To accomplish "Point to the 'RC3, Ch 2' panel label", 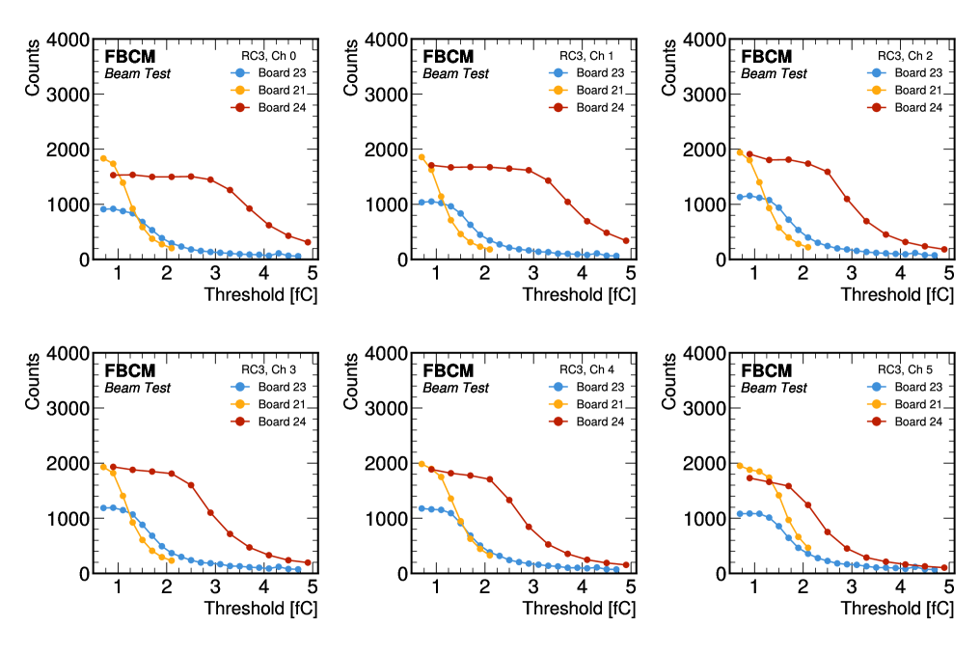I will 910,55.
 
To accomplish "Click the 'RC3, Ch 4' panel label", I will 591,369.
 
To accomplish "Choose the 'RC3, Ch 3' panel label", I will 273,369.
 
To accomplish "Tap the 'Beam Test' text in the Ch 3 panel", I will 137,388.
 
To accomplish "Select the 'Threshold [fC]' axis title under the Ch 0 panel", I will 260,293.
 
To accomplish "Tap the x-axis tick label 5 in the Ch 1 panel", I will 630,273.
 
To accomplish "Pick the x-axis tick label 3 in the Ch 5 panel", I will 851,587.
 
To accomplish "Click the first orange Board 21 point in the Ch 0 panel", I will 103,158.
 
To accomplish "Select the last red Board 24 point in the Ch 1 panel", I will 626,240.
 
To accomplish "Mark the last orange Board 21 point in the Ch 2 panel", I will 807,247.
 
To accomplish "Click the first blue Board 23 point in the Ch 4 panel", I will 422,508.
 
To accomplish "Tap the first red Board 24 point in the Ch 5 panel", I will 749,477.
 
